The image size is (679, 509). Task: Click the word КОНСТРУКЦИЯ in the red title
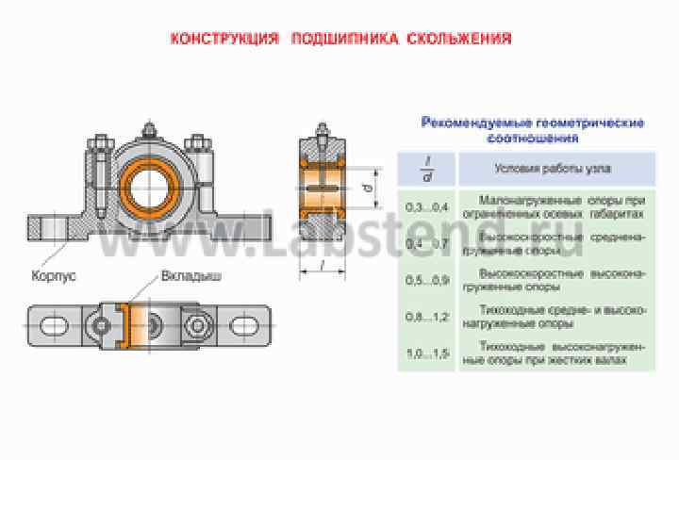[x=224, y=40]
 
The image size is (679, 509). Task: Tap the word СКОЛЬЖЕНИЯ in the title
[x=460, y=40]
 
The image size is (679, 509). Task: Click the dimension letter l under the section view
[x=323, y=266]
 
